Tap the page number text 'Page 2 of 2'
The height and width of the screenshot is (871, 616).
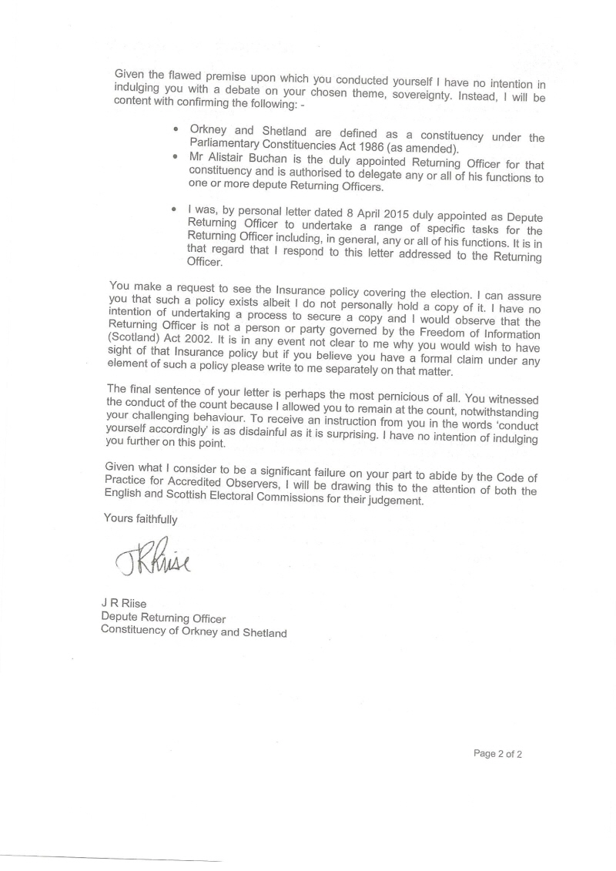(x=498, y=754)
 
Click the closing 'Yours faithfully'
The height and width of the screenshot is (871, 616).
(x=141, y=518)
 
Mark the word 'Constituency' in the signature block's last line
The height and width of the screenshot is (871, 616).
(x=136, y=633)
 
